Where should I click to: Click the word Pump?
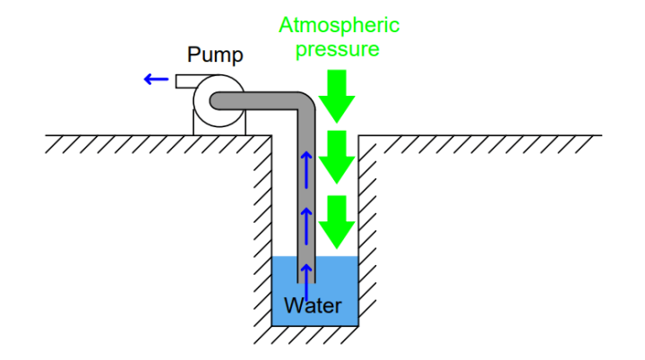pos(215,56)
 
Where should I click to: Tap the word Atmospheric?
pos(339,24)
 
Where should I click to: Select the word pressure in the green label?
pos(338,48)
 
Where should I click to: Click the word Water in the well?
pos(313,306)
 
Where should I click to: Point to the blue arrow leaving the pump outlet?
pos(156,80)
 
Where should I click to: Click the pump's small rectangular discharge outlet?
pos(186,81)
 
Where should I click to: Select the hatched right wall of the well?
pos(367,224)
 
